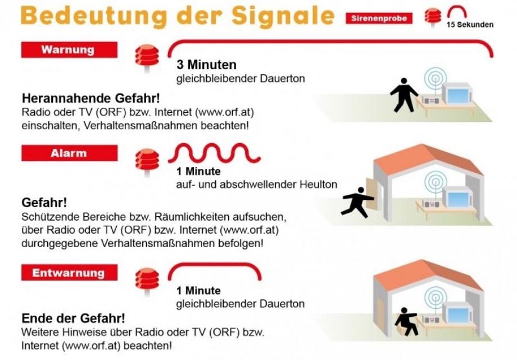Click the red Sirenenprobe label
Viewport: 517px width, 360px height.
pos(379,19)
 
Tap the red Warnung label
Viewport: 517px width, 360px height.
pos(69,50)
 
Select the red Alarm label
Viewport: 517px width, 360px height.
pos(69,153)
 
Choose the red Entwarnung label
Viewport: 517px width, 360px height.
pos(69,272)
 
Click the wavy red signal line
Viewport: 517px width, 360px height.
pos(214,153)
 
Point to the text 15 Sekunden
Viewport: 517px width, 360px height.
pos(470,25)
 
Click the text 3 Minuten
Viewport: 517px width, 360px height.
pos(206,65)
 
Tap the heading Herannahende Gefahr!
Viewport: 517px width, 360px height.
pos(90,98)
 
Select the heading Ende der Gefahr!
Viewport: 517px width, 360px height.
pos(73,318)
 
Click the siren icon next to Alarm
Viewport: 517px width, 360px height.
pos(147,161)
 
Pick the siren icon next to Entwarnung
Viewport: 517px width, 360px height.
pos(147,280)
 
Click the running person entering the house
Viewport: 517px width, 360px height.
pos(358,202)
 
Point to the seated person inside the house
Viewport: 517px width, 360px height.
pos(406,322)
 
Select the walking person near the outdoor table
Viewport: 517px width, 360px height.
pos(403,95)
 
